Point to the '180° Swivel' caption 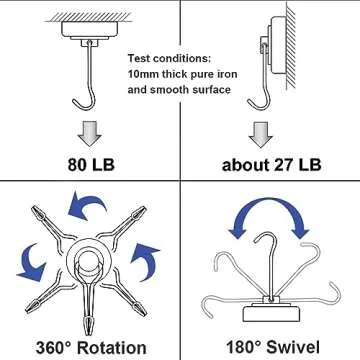(x=269, y=344)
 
